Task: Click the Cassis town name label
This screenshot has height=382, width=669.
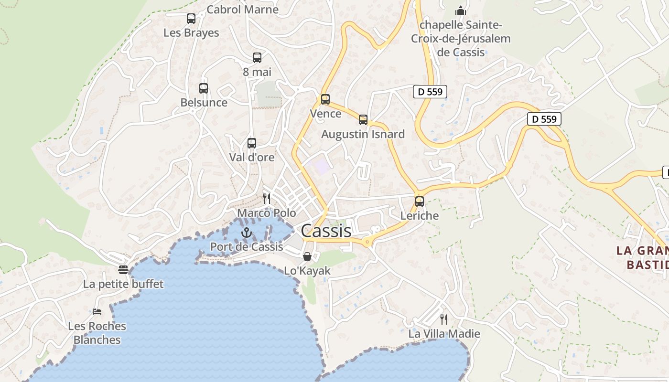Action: click(x=326, y=231)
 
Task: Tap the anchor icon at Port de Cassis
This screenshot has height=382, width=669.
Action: click(x=247, y=233)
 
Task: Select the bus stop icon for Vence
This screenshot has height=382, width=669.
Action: click(x=325, y=99)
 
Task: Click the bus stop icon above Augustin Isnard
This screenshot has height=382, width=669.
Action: click(x=363, y=120)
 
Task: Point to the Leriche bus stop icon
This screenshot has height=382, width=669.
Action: click(x=420, y=202)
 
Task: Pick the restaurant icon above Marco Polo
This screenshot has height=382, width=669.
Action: click(x=267, y=199)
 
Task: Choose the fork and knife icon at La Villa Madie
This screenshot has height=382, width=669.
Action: click(x=444, y=319)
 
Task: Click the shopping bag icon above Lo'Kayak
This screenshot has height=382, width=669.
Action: click(x=307, y=256)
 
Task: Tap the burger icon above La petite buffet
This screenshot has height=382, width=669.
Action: click(x=123, y=270)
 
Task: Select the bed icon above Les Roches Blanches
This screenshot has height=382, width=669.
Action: click(x=97, y=312)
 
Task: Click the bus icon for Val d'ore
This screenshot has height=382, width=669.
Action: click(x=252, y=143)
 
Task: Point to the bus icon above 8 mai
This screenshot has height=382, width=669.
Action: click(x=257, y=58)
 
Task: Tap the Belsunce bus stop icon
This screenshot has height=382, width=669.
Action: click(x=204, y=88)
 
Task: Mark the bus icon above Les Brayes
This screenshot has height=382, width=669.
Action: click(x=191, y=19)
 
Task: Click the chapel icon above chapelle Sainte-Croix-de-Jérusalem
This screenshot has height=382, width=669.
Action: click(x=461, y=11)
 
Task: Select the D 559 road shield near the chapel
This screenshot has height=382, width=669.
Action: click(x=430, y=92)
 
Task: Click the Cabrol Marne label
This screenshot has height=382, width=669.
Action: click(x=243, y=10)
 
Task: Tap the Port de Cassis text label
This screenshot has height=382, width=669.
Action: click(x=247, y=247)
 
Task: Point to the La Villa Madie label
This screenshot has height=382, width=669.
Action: click(x=444, y=334)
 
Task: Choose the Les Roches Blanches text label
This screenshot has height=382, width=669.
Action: click(x=97, y=333)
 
